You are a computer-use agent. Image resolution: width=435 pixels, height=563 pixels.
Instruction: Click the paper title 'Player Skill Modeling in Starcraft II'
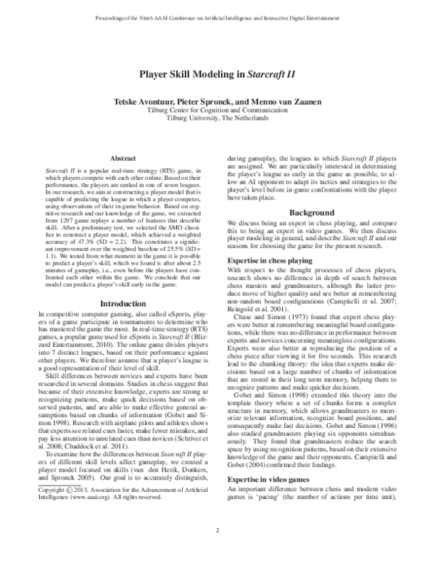(x=217, y=74)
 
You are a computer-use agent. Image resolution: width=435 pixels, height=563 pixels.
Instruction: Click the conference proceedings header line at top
(x=217, y=15)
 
